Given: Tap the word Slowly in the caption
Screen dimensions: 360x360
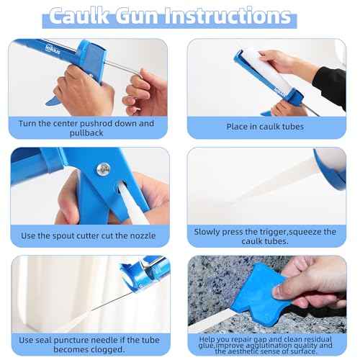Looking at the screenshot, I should [209, 232].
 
